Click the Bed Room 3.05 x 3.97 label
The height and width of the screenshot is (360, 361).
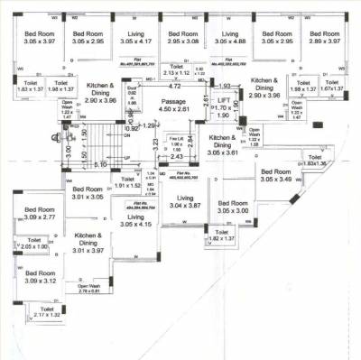[40, 37]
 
